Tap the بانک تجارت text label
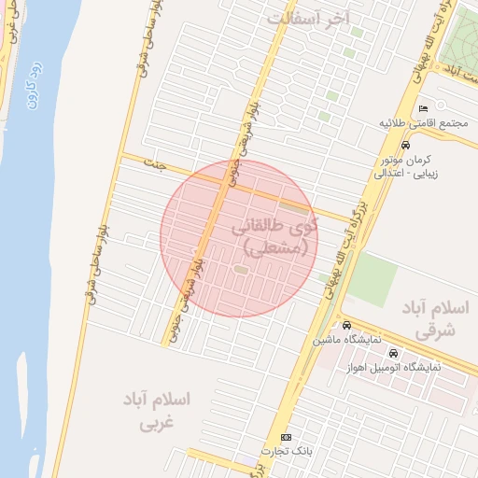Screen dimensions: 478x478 (x=285, y=452)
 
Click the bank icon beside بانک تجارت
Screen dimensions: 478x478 (x=286, y=437)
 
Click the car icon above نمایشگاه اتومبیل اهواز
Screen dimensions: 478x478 (x=393, y=354)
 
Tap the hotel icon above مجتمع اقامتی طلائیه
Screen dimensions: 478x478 (x=426, y=108)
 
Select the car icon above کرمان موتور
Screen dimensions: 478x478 (x=405, y=146)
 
